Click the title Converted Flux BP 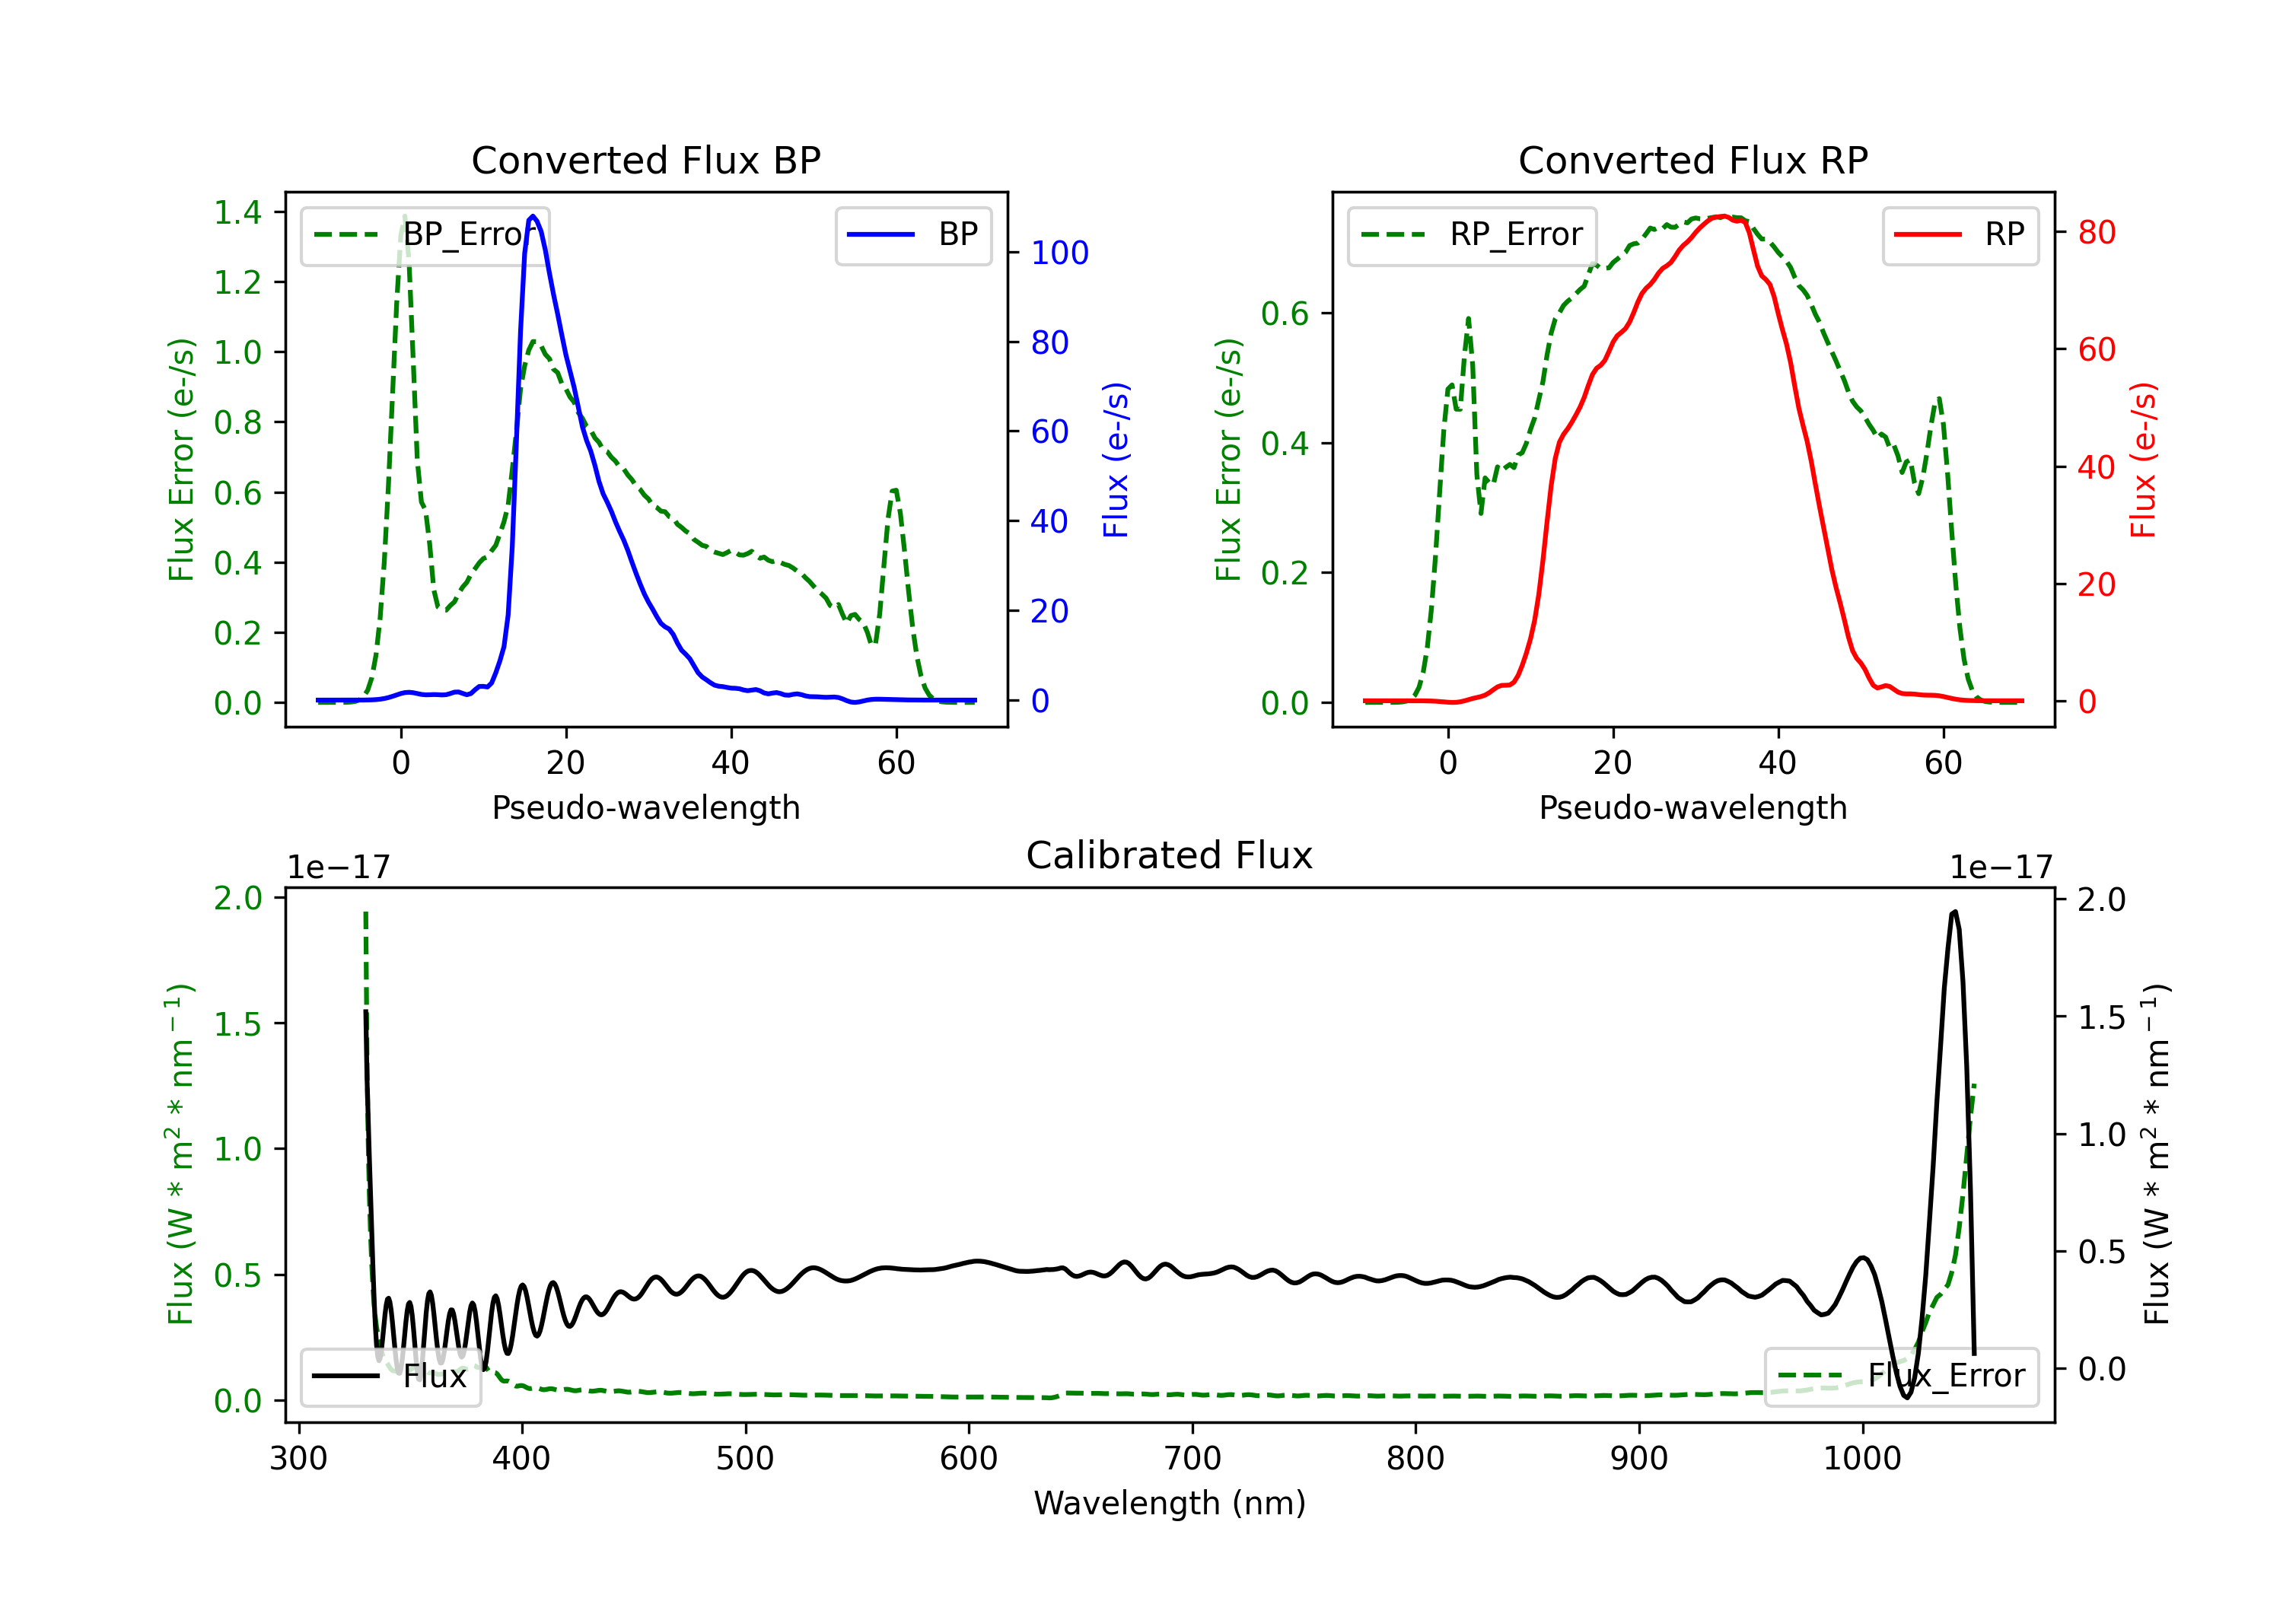pyautogui.click(x=645, y=160)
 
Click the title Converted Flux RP pyautogui.click(x=1692, y=160)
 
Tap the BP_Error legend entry pyautogui.click(x=425, y=234)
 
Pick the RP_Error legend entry pyautogui.click(x=1473, y=234)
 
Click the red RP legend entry pyautogui.click(x=1960, y=234)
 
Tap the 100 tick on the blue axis pyautogui.click(x=1059, y=253)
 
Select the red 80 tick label pyautogui.click(x=2096, y=233)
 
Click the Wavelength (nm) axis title pyautogui.click(x=1170, y=1503)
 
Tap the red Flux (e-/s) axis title pyautogui.click(x=2143, y=460)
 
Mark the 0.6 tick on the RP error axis pyautogui.click(x=1284, y=314)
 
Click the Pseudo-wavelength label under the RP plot pyautogui.click(x=1692, y=807)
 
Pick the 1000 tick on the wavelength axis pyautogui.click(x=1861, y=1459)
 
